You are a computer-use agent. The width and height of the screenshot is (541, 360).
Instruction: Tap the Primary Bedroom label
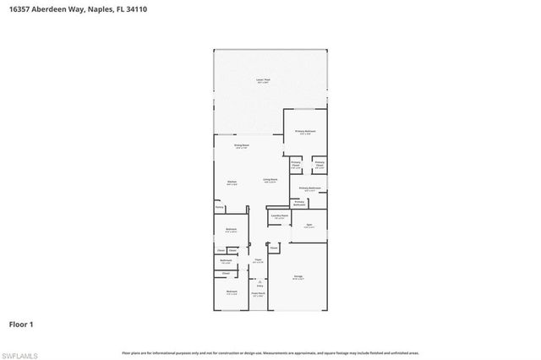pyautogui.click(x=305, y=132)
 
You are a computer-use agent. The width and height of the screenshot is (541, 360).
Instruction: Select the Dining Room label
pyautogui.click(x=242, y=146)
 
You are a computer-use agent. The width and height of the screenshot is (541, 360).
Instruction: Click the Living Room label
pyautogui.click(x=270, y=180)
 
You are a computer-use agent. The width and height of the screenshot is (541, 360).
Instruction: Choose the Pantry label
pyautogui.click(x=218, y=206)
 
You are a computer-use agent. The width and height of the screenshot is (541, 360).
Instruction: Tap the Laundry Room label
pyautogui.click(x=280, y=216)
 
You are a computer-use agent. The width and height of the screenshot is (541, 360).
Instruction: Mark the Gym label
pyautogui.click(x=309, y=225)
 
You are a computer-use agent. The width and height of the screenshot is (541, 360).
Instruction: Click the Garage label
pyautogui.click(x=298, y=276)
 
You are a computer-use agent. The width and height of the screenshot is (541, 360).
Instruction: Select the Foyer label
pyautogui.click(x=258, y=260)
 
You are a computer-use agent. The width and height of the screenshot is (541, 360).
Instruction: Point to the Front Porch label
pyautogui.click(x=259, y=294)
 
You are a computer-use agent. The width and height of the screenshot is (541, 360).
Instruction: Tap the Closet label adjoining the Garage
pyautogui.click(x=274, y=248)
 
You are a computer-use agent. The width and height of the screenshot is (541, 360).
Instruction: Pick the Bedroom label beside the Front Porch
pyautogui.click(x=231, y=293)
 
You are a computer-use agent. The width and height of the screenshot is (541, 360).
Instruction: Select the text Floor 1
pyautogui.click(x=20, y=325)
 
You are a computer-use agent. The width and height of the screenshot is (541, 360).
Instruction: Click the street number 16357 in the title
pyautogui.click(x=19, y=6)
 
